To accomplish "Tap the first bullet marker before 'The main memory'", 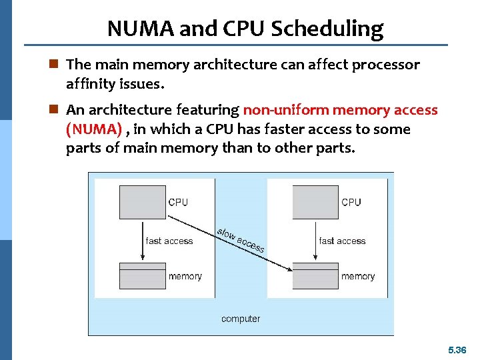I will [55, 65].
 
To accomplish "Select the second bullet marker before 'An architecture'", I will [55, 110].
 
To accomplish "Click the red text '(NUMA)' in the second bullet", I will [93, 129].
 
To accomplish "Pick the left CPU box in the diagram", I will [142, 202].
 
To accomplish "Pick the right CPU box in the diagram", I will [315, 202].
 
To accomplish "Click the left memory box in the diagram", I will [142, 275].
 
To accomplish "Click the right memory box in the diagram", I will [315, 275].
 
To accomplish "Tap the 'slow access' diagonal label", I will [240, 240].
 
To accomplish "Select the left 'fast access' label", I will [169, 241].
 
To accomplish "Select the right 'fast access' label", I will [342, 241].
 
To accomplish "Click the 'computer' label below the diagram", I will [241, 319].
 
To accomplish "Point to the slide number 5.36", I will [457, 349].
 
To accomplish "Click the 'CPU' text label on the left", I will [178, 202].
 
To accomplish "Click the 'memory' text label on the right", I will [358, 276].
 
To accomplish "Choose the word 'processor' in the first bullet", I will [387, 65].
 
